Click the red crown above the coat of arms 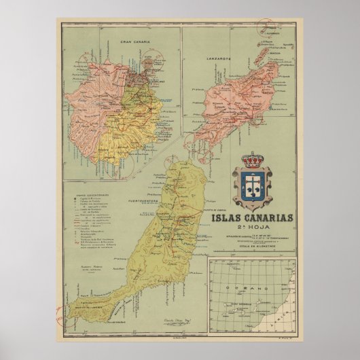(252, 161)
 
